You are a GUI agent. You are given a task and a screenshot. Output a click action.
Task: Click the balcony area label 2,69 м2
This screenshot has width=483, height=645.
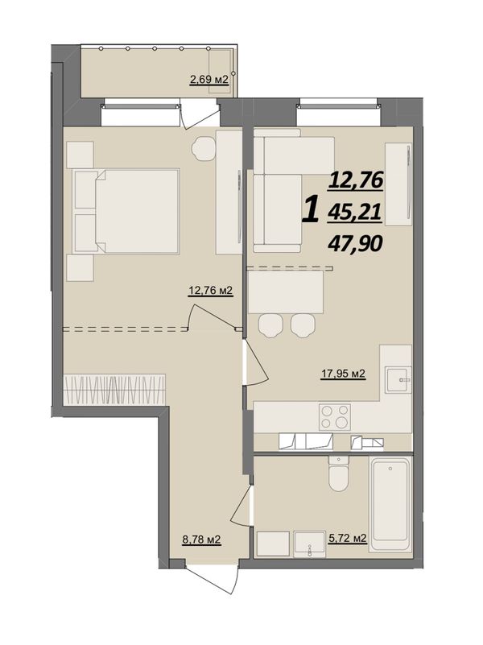pos(208,80)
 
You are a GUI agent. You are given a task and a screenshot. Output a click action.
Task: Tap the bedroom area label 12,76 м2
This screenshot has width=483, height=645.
pos(210,291)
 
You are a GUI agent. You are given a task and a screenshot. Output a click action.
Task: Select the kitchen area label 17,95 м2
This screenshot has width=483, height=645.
pos(343,374)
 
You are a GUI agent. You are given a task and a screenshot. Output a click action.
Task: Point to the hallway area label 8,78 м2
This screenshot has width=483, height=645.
pos(201,539)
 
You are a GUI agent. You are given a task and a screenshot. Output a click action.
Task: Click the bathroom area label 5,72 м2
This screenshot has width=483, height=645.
pos(347,538)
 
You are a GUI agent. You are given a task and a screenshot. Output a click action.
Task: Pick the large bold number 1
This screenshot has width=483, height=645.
pos(312,209)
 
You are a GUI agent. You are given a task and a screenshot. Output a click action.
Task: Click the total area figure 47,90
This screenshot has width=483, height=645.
pos(355,244)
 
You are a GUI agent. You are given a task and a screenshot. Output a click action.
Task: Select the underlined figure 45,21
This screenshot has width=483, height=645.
pos(355,213)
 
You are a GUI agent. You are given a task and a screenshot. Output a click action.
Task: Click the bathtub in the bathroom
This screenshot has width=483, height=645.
pos(390,505)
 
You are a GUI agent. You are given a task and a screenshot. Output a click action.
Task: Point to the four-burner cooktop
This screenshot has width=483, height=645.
pos(335,416)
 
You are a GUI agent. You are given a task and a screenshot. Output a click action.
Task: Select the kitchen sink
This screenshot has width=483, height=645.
pos(398,381)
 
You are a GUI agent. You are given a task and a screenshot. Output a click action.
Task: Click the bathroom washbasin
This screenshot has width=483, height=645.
pos(308,544)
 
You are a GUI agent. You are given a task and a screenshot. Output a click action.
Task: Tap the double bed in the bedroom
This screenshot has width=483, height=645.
pos(126,211)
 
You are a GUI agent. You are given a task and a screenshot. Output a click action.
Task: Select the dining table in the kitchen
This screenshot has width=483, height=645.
pos(286,292)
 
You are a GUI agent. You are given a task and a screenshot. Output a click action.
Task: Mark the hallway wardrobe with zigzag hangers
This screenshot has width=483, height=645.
pos(114,390)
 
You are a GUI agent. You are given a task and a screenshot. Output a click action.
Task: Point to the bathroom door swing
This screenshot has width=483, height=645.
pos(242,505)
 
